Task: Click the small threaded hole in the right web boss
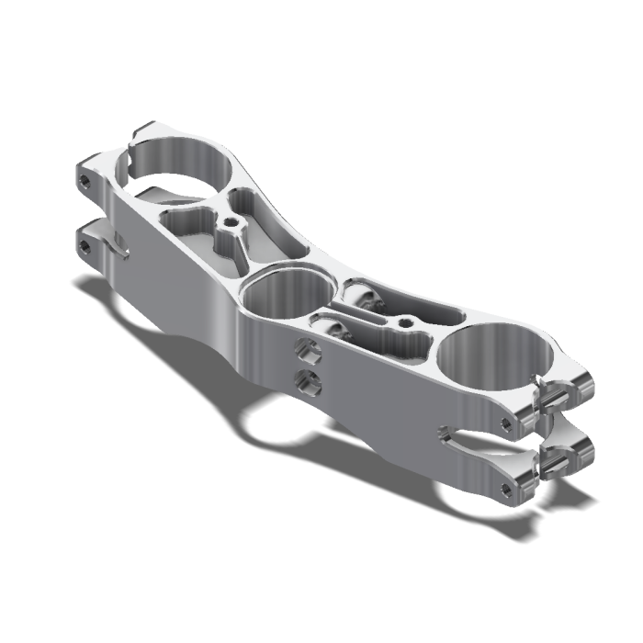point(405,322)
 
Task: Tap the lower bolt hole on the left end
point(85,246)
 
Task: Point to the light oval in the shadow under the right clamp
point(473,496)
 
